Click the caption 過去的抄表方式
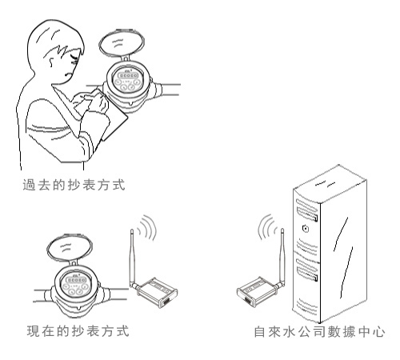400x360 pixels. [x=74, y=185]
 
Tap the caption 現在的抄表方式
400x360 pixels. [x=78, y=331]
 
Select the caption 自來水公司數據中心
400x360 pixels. [x=319, y=331]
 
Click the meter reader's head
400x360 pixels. [x=56, y=50]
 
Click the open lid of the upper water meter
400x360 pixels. [x=122, y=43]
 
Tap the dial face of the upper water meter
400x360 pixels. [x=127, y=79]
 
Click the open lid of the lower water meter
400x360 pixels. [x=70, y=249]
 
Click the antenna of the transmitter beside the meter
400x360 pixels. [x=133, y=258]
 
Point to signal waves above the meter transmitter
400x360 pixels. [x=147, y=227]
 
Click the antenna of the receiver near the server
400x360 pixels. [x=282, y=258]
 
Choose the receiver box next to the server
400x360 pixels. [x=257, y=291]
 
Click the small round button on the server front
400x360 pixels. [x=306, y=229]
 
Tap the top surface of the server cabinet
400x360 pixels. [x=330, y=184]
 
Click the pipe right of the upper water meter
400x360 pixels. [x=170, y=90]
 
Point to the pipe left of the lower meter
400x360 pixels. [x=42, y=295]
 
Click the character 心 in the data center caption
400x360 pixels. [x=379, y=332]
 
